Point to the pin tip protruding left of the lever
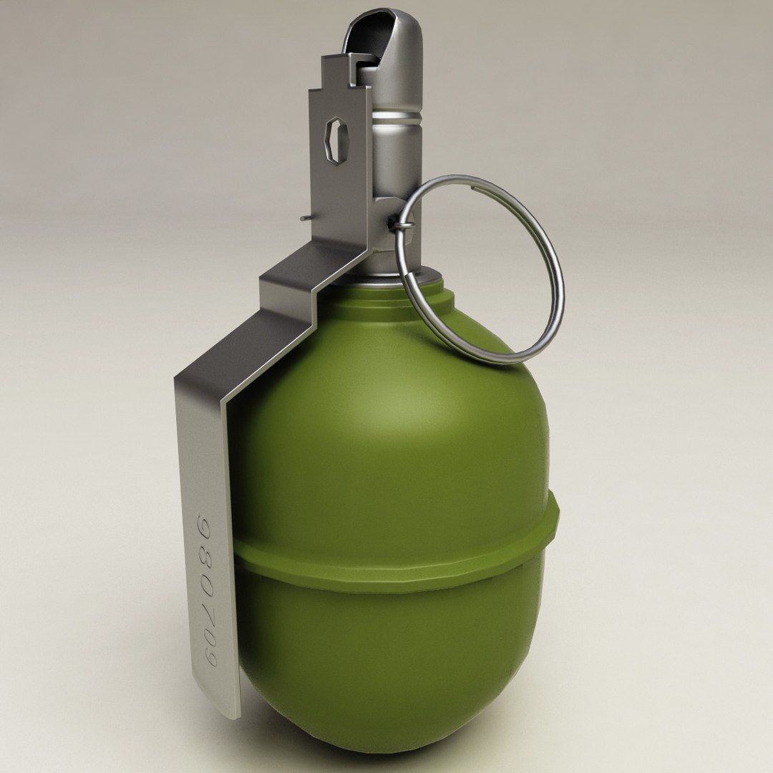pos(305,218)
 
